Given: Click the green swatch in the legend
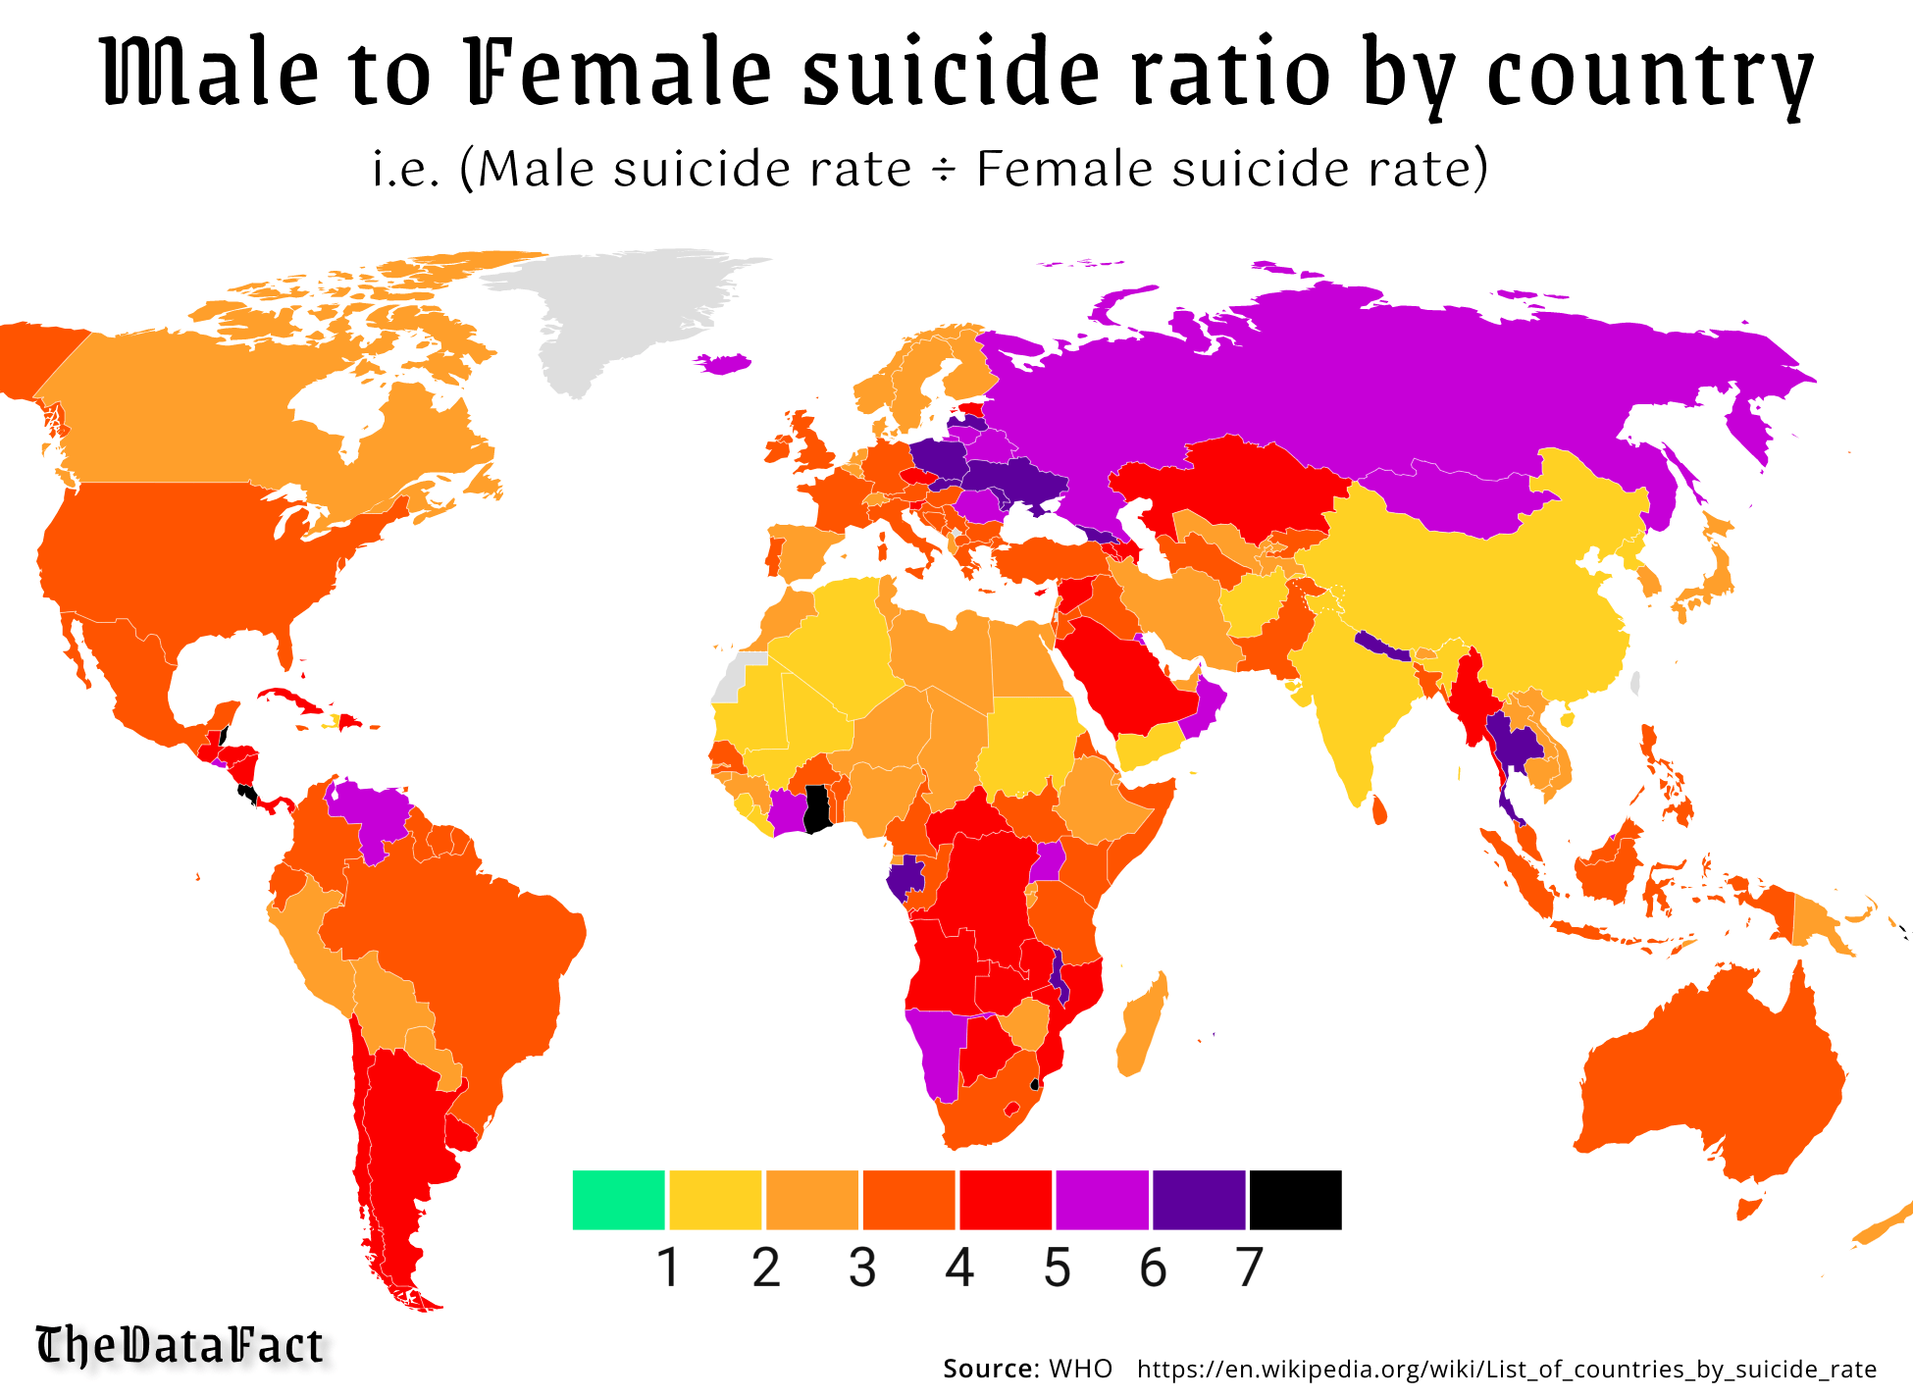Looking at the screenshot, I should (x=618, y=1199).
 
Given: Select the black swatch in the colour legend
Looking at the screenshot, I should (x=1295, y=1199).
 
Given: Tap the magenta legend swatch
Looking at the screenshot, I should (x=1102, y=1199).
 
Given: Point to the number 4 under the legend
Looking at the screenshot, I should (x=958, y=1268).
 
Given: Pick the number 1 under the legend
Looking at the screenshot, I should (x=668, y=1268).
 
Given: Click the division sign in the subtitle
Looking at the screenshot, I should (x=943, y=170).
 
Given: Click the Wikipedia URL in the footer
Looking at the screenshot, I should (x=1506, y=1369).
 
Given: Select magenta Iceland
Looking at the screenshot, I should (x=724, y=363).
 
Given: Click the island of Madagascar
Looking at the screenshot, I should (x=1143, y=1025).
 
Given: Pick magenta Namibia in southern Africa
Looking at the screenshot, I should (x=937, y=1050).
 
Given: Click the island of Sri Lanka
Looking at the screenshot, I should (x=1378, y=810).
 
